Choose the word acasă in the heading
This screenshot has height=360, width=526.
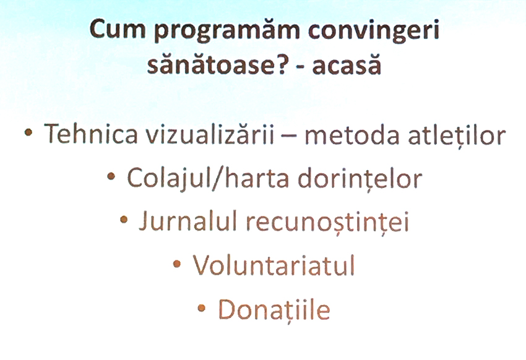pos(347,64)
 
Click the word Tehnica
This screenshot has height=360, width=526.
pos(90,134)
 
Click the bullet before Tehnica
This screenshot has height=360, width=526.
pos(28,133)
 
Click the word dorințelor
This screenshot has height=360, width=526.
pos(360,178)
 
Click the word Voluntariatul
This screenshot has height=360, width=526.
pos(274,265)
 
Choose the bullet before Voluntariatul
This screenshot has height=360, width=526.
pos(177,264)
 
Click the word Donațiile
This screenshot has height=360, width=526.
pos(274,310)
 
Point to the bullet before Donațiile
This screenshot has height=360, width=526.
pos(201,308)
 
